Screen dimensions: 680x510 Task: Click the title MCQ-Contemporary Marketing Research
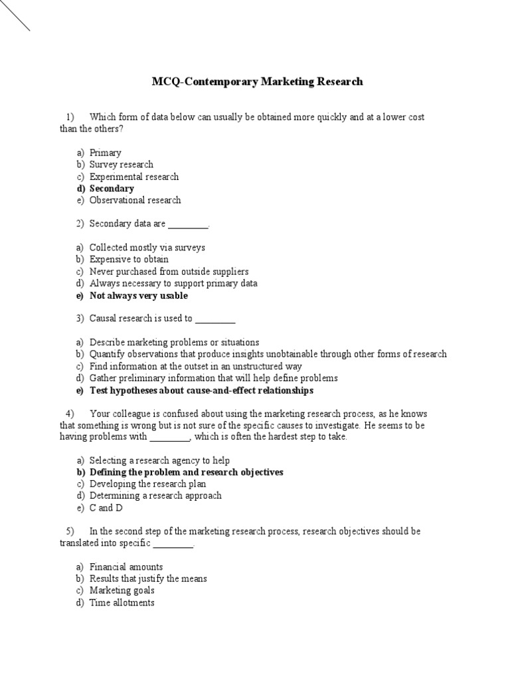tap(258, 82)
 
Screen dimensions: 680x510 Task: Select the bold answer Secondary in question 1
tap(112, 189)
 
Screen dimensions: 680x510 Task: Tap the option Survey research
tap(122, 165)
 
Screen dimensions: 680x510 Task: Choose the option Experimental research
tap(134, 177)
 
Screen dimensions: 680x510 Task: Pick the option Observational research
tap(135, 200)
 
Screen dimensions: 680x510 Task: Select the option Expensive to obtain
tap(129, 260)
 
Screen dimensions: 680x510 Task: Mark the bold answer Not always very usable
tap(138, 296)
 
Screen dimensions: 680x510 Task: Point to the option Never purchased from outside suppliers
tap(169, 272)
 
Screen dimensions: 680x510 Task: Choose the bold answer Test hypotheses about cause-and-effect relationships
tap(201, 390)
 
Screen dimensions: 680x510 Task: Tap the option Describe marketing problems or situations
tap(174, 343)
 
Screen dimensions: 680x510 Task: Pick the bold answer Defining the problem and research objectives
tap(186, 472)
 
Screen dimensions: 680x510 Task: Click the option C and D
tap(106, 508)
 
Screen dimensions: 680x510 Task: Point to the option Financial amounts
tap(126, 567)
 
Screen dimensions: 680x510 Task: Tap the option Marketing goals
tap(122, 590)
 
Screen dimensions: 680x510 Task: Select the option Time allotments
tap(122, 603)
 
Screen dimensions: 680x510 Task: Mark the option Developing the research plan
tap(147, 484)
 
